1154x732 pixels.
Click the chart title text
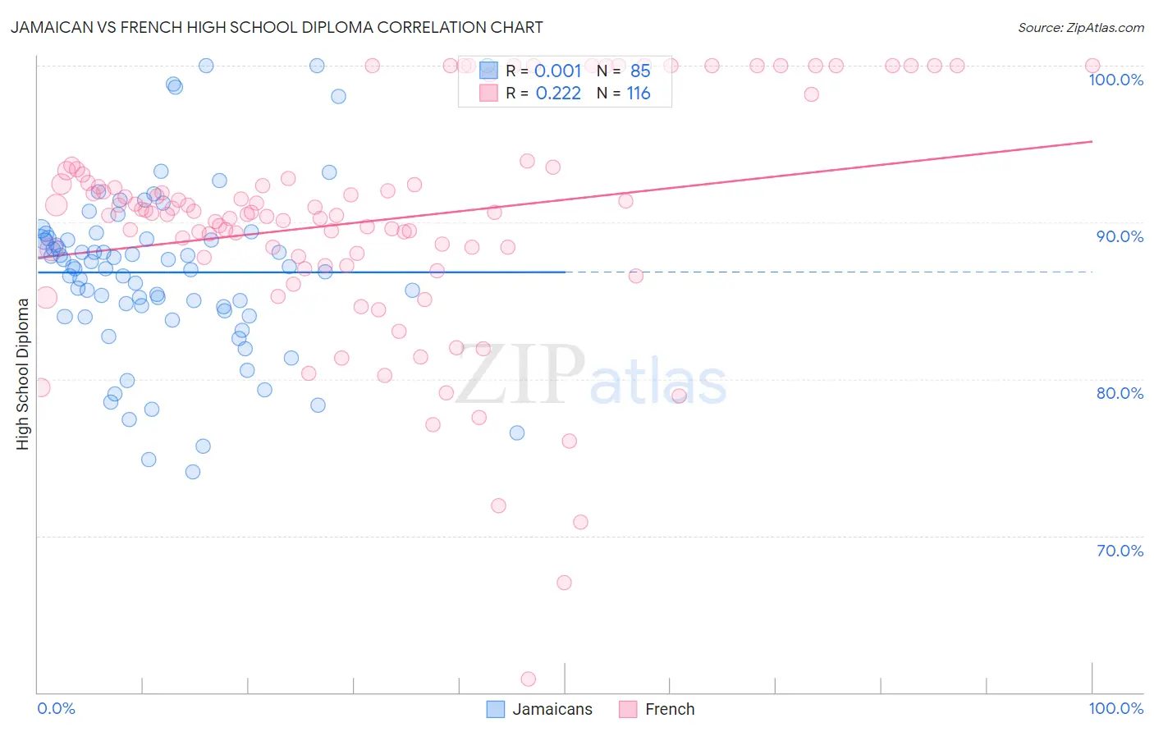click(276, 27)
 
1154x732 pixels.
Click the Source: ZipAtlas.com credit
click(1080, 27)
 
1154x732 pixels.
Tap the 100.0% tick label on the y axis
click(1115, 80)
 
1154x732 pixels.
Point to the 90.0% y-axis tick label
click(1120, 236)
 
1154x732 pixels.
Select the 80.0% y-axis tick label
click(1120, 393)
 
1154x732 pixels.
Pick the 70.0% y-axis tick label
click(1120, 551)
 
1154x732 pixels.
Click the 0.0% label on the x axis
click(57, 708)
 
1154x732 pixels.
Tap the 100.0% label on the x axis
click(1115, 708)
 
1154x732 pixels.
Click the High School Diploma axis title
click(23, 373)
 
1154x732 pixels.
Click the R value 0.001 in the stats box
click(557, 71)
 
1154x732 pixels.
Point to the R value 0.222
click(558, 94)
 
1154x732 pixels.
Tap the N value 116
click(639, 94)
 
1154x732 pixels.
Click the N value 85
click(640, 71)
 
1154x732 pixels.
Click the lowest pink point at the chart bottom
click(529, 679)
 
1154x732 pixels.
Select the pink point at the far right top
click(1092, 66)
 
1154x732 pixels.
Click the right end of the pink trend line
click(1092, 142)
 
